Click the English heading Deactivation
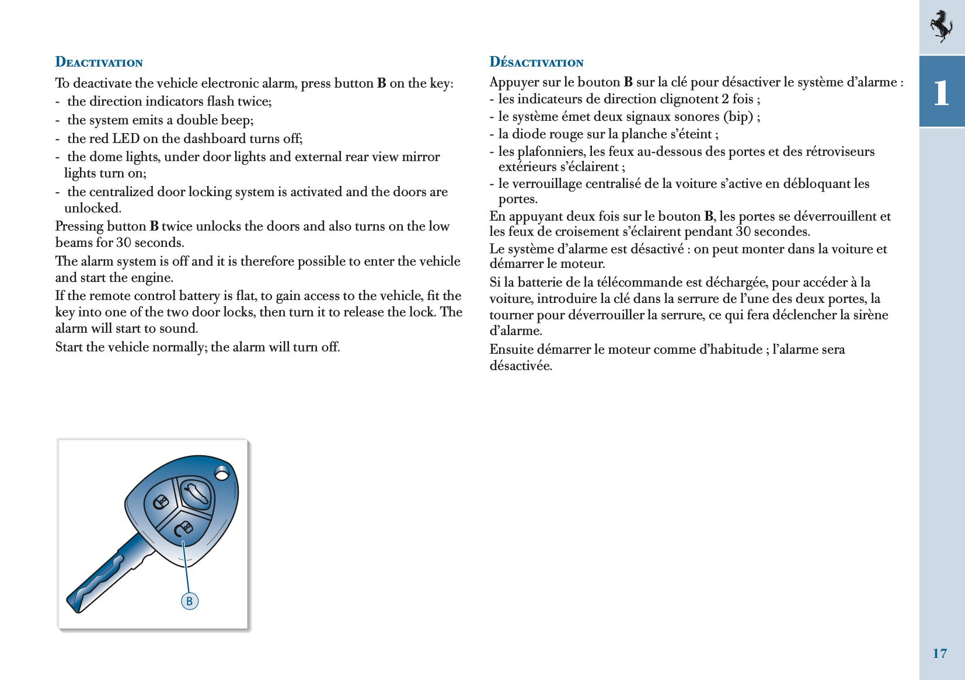99,62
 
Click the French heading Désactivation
536,62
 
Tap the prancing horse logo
940,26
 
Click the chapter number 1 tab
941,92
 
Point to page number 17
939,653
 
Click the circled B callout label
189,601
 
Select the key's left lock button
161,503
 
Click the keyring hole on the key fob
222,473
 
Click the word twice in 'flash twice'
253,102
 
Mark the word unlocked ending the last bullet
92,208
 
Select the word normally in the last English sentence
179,347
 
